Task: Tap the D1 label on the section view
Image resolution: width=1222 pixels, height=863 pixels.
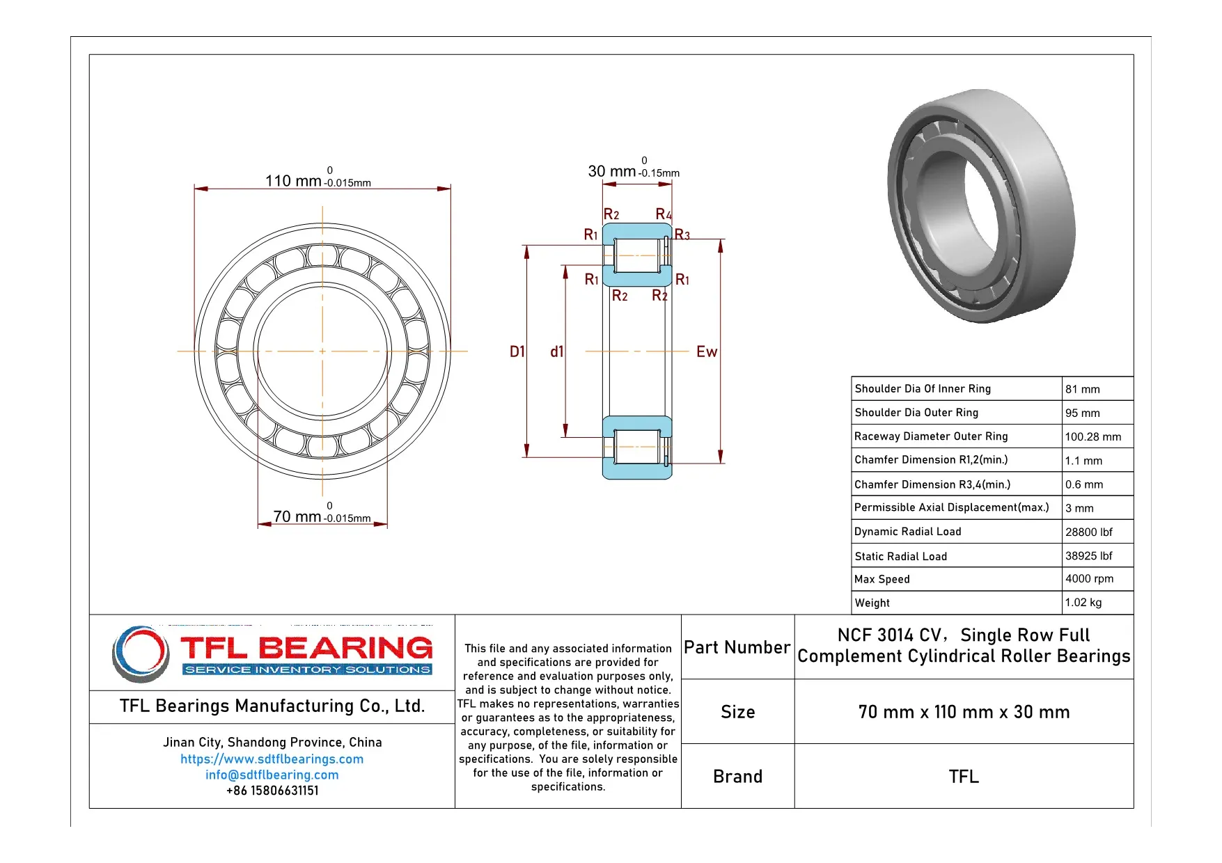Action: coord(517,351)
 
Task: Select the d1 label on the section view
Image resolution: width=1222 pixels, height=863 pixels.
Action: coord(556,351)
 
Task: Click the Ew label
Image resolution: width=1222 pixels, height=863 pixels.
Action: coord(706,351)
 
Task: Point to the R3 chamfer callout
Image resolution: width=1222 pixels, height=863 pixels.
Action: coord(682,235)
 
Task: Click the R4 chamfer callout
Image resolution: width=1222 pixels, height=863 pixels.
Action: coord(663,214)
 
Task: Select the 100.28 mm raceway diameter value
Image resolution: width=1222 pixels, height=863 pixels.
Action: coord(1092,436)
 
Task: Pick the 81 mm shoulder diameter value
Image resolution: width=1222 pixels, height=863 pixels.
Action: coord(1082,389)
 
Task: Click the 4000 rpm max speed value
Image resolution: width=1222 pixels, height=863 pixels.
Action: coord(1089,578)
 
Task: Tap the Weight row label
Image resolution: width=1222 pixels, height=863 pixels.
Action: coord(872,603)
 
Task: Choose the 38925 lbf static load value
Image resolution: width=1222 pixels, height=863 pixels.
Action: coord(1088,555)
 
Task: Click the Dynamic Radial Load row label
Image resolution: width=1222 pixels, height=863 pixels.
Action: coord(907,532)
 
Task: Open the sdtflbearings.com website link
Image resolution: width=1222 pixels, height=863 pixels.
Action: coord(272,759)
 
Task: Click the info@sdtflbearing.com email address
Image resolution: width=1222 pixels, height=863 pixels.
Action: coord(272,775)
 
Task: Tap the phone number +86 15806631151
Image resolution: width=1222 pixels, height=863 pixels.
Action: coord(272,791)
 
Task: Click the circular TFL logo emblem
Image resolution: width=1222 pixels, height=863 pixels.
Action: coord(141,653)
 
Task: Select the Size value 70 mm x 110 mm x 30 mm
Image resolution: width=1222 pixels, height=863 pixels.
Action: coord(964,711)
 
